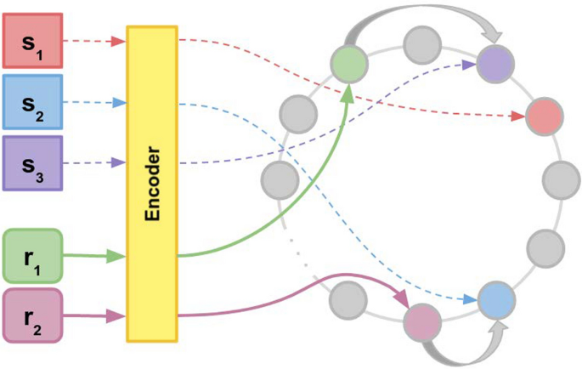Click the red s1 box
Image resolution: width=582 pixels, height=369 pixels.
coord(32,41)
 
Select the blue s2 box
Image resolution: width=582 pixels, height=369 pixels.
coord(32,103)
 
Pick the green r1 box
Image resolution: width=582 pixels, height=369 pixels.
coord(32,254)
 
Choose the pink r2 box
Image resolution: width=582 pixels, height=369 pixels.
coord(32,315)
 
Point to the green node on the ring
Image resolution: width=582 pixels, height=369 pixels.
coord(348,65)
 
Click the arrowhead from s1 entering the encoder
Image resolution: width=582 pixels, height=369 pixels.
coord(119,40)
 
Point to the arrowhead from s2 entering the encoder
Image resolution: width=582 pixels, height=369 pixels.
coord(119,103)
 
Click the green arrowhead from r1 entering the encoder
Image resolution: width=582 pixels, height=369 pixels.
coord(117,254)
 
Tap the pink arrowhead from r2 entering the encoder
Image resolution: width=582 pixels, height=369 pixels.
coord(117,316)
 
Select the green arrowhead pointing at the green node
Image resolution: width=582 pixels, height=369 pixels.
coord(348,92)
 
